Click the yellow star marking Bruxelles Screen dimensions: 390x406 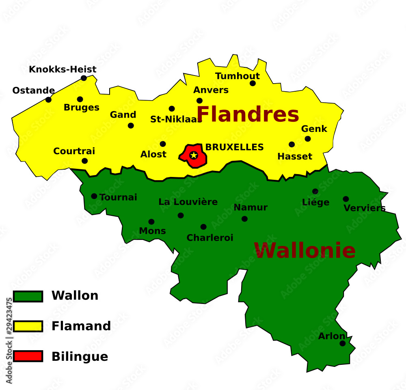pyautogui.click(x=194, y=155)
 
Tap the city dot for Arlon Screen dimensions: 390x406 pyautogui.click(x=343, y=343)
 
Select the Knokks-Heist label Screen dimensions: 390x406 pyautogui.click(x=63, y=69)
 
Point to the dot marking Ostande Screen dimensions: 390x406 pyautogui.click(x=48, y=100)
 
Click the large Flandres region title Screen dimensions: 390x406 pyautogui.click(x=248, y=114)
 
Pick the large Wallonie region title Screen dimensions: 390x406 pyautogui.click(x=304, y=250)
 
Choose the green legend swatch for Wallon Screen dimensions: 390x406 pyautogui.click(x=28, y=296)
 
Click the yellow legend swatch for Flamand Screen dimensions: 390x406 pyautogui.click(x=28, y=326)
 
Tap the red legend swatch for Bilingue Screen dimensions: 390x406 pyautogui.click(x=28, y=356)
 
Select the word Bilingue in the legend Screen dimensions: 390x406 pyautogui.click(x=80, y=357)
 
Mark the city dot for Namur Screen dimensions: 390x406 pyautogui.click(x=244, y=219)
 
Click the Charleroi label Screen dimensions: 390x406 pyautogui.click(x=210, y=238)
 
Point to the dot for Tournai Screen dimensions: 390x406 pyautogui.click(x=94, y=196)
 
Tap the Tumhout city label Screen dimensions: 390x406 pyautogui.click(x=238, y=76)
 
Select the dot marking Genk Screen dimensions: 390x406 pyautogui.click(x=308, y=139)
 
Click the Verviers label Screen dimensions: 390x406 pyautogui.click(x=364, y=208)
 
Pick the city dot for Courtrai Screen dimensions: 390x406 pyautogui.click(x=84, y=161)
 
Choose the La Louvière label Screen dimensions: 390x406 pyautogui.click(x=188, y=202)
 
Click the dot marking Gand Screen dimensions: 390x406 pyautogui.click(x=131, y=126)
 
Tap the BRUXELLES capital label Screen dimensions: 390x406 pyautogui.click(x=234, y=147)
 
